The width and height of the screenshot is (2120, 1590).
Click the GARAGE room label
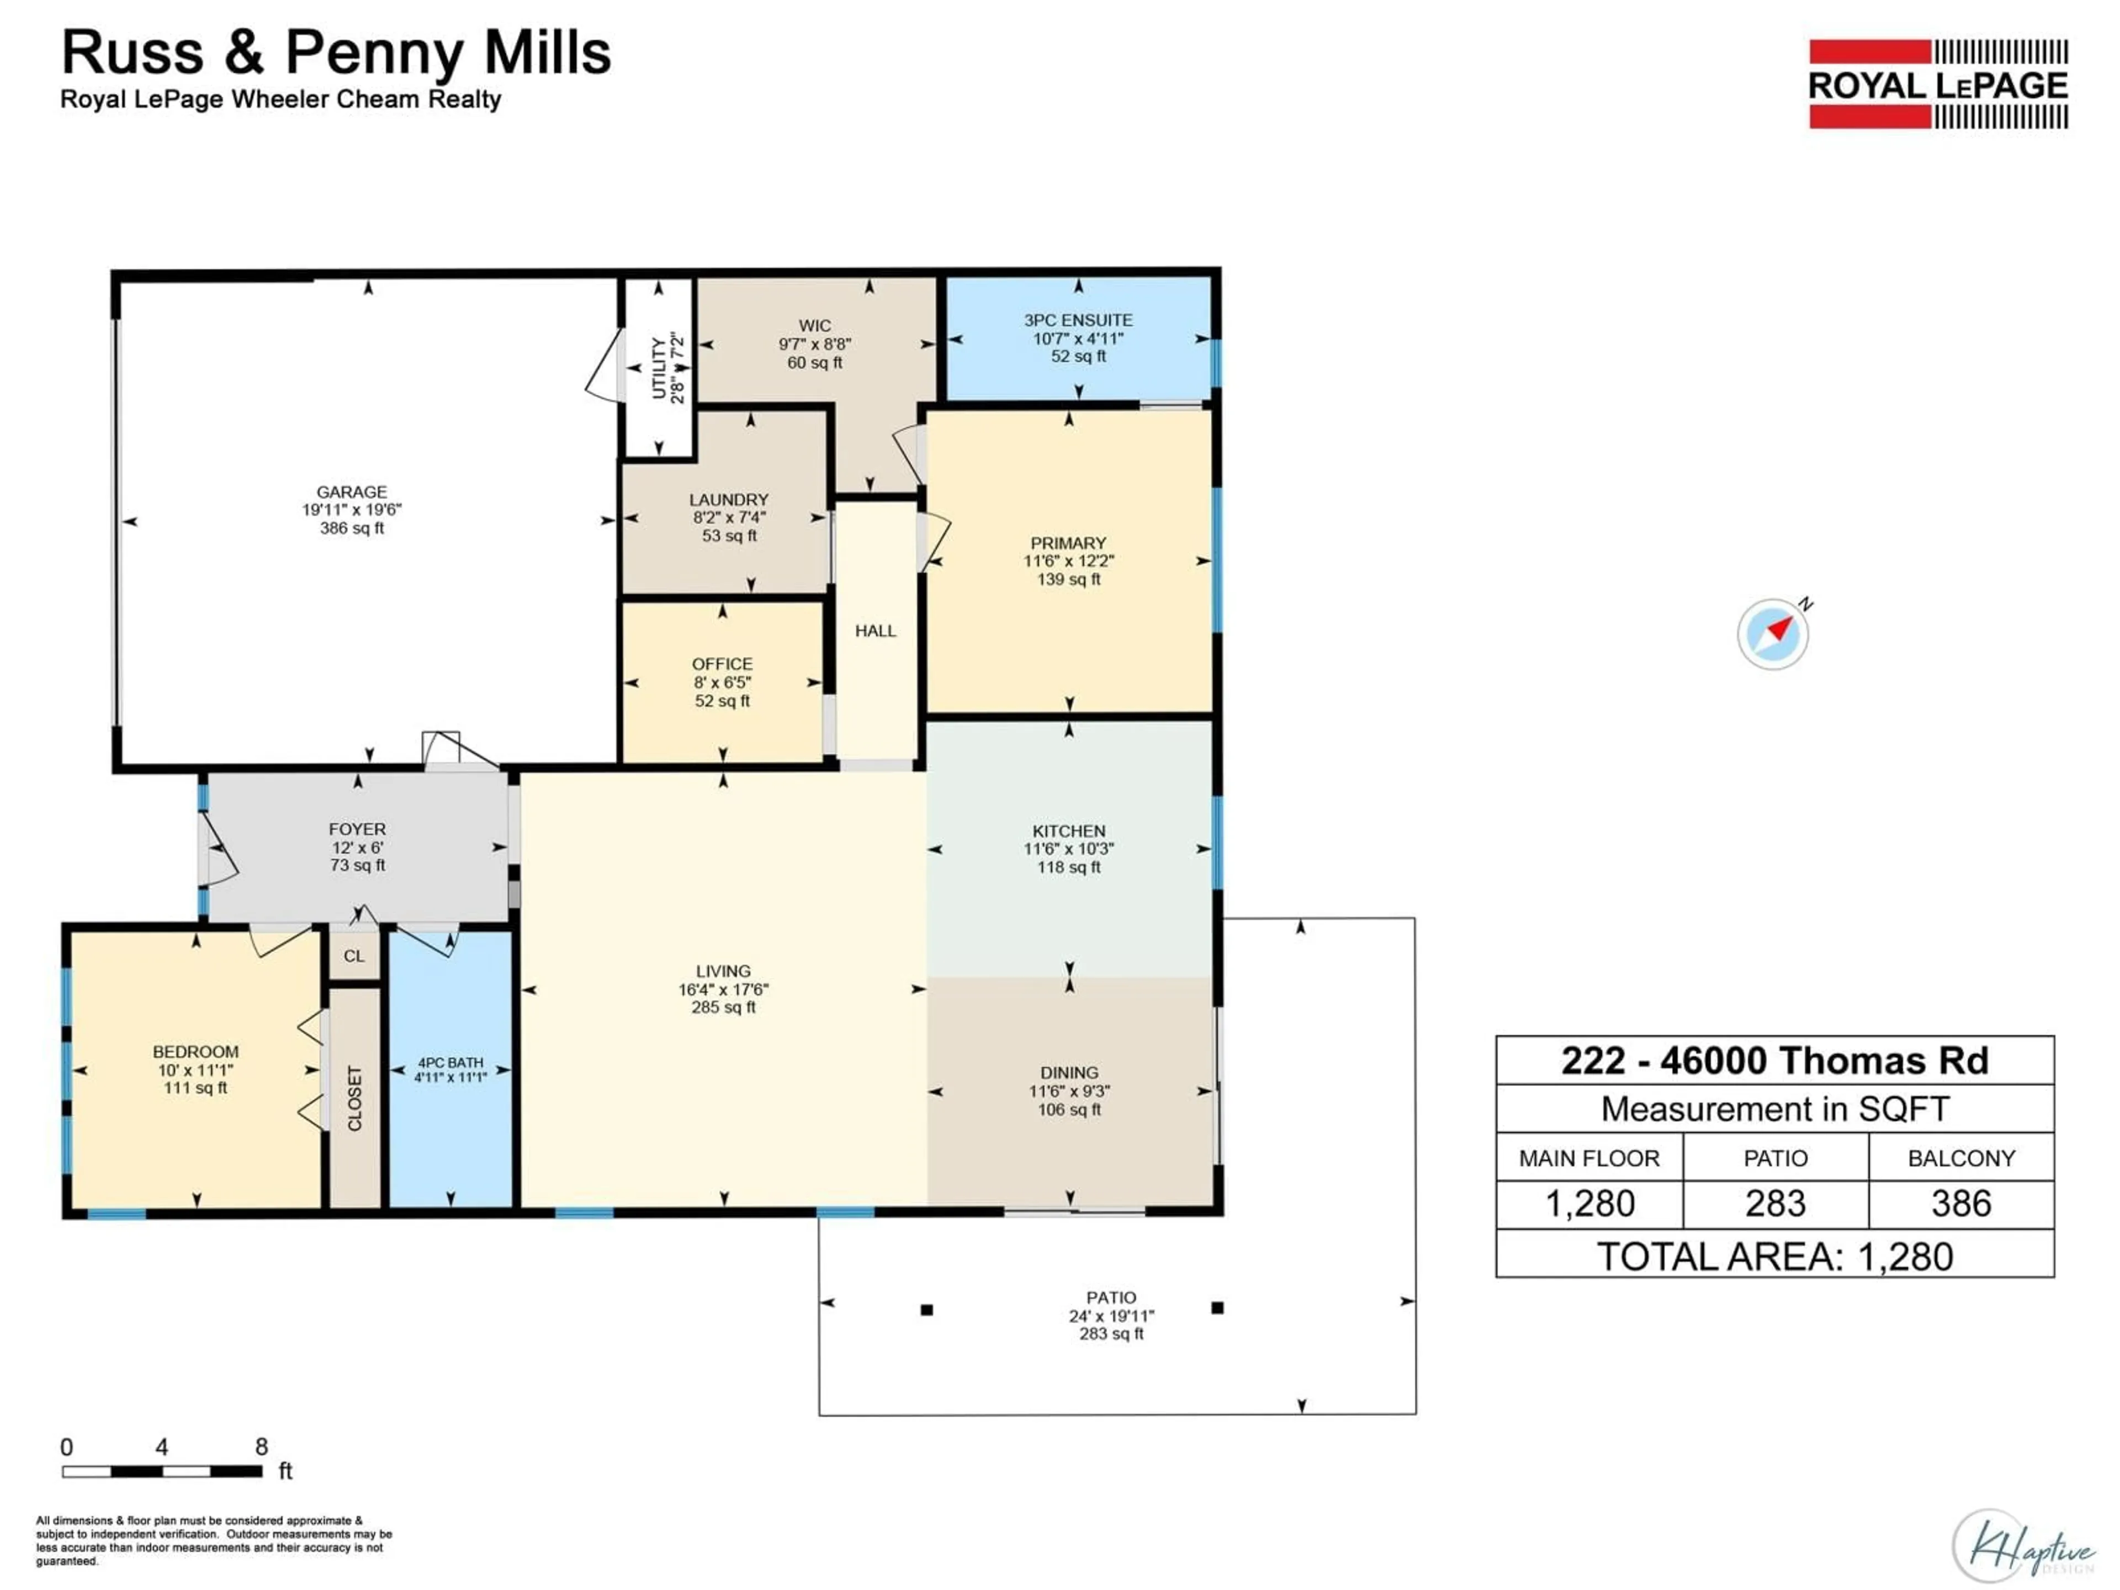[352, 492]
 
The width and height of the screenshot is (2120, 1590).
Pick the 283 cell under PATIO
[1775, 1204]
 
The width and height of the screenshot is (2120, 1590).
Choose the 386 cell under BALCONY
[1961, 1204]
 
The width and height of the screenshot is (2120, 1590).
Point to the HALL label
[875, 630]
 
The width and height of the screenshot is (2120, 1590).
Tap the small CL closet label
[354, 956]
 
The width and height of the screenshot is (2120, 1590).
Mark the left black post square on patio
[927, 1309]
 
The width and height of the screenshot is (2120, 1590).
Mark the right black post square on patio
[1217, 1307]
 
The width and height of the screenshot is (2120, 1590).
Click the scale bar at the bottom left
[162, 1471]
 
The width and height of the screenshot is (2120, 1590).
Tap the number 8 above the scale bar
[261, 1446]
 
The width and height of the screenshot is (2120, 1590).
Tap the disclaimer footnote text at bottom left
[213, 1540]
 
